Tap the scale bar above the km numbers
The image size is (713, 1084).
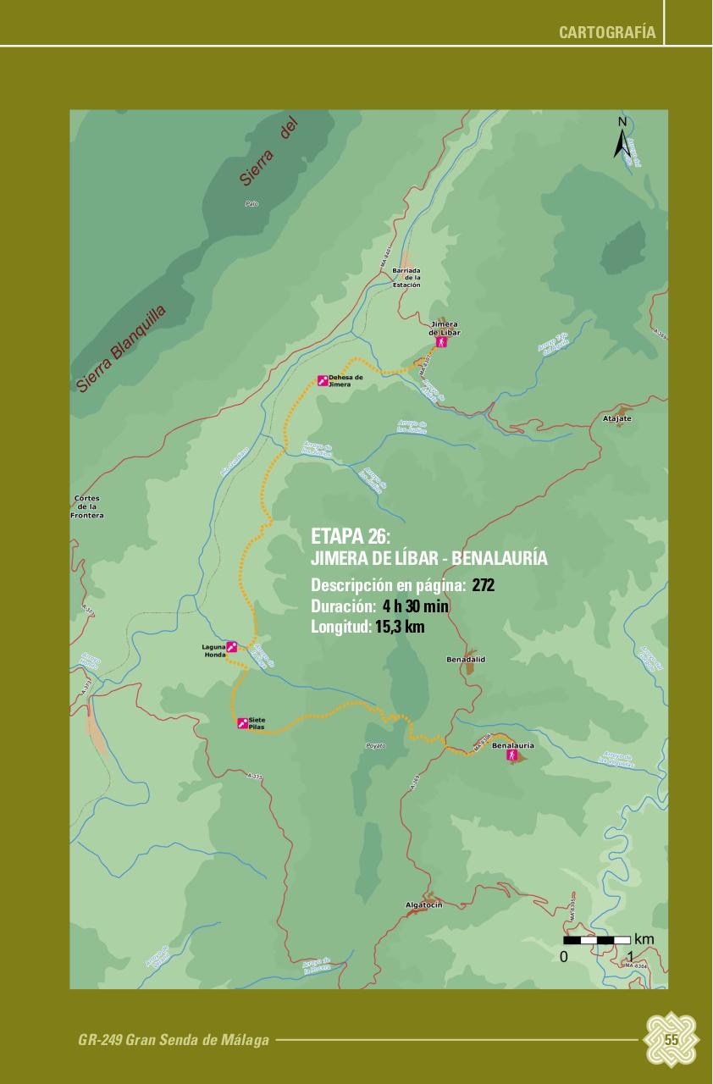tap(597, 940)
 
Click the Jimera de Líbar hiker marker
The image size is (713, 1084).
tap(440, 343)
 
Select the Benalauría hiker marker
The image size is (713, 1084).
tap(511, 755)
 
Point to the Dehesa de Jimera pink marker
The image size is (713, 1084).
tap(322, 380)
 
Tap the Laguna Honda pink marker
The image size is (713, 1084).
tap(231, 646)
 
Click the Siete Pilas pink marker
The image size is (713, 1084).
tap(242, 722)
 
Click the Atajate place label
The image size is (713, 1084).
tap(617, 418)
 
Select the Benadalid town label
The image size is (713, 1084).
tap(466, 658)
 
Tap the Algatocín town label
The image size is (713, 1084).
tap(424, 905)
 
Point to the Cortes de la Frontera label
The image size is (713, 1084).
tap(87, 506)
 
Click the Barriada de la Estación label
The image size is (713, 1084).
tap(406, 278)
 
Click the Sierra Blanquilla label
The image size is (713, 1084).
tap(121, 349)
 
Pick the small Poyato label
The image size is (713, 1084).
tap(375, 745)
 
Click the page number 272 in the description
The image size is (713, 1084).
tap(484, 585)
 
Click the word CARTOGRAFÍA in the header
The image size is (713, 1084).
tap(607, 32)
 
